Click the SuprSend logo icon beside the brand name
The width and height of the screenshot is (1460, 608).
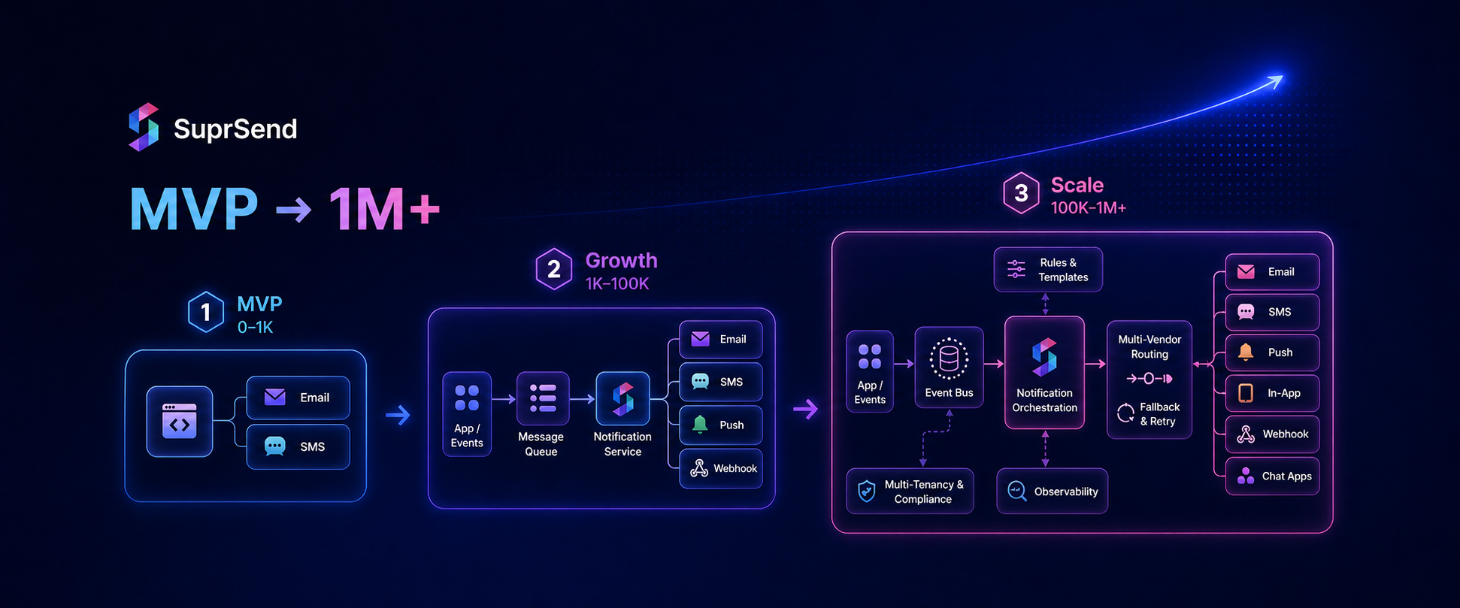click(x=144, y=127)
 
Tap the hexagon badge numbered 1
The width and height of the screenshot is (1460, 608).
click(x=206, y=312)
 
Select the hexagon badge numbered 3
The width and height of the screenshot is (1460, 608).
click(x=1021, y=193)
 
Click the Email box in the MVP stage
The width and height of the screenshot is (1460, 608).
click(x=298, y=398)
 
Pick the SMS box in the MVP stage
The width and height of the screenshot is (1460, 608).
click(x=298, y=446)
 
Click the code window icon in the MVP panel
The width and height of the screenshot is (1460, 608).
click(x=180, y=422)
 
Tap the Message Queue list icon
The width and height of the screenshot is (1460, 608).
click(x=543, y=398)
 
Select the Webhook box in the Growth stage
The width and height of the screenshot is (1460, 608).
click(x=721, y=468)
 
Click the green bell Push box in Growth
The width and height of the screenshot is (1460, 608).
click(x=721, y=425)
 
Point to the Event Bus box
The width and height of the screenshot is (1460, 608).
click(x=949, y=367)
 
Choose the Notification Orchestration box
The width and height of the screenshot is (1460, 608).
click(x=1044, y=372)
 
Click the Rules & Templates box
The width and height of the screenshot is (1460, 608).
click(x=1048, y=269)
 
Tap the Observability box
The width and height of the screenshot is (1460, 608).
click(x=1052, y=492)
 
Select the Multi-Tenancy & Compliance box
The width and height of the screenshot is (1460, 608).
click(x=910, y=492)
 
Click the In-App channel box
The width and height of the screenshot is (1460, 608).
click(x=1272, y=393)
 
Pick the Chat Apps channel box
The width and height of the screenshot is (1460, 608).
click(x=1272, y=476)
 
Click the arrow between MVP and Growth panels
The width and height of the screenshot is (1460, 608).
click(x=398, y=415)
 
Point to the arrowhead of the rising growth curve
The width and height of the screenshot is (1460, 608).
click(x=1277, y=80)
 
